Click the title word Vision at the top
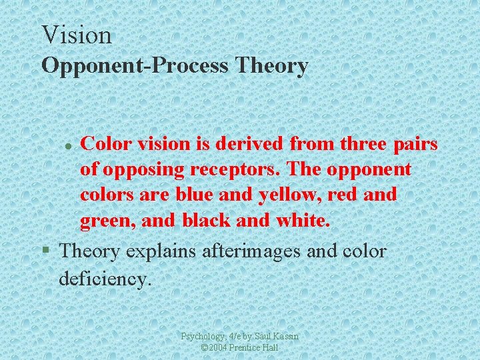[x=76, y=35]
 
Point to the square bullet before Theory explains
[x=45, y=251]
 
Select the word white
[x=299, y=219]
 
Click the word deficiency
[x=105, y=278]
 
